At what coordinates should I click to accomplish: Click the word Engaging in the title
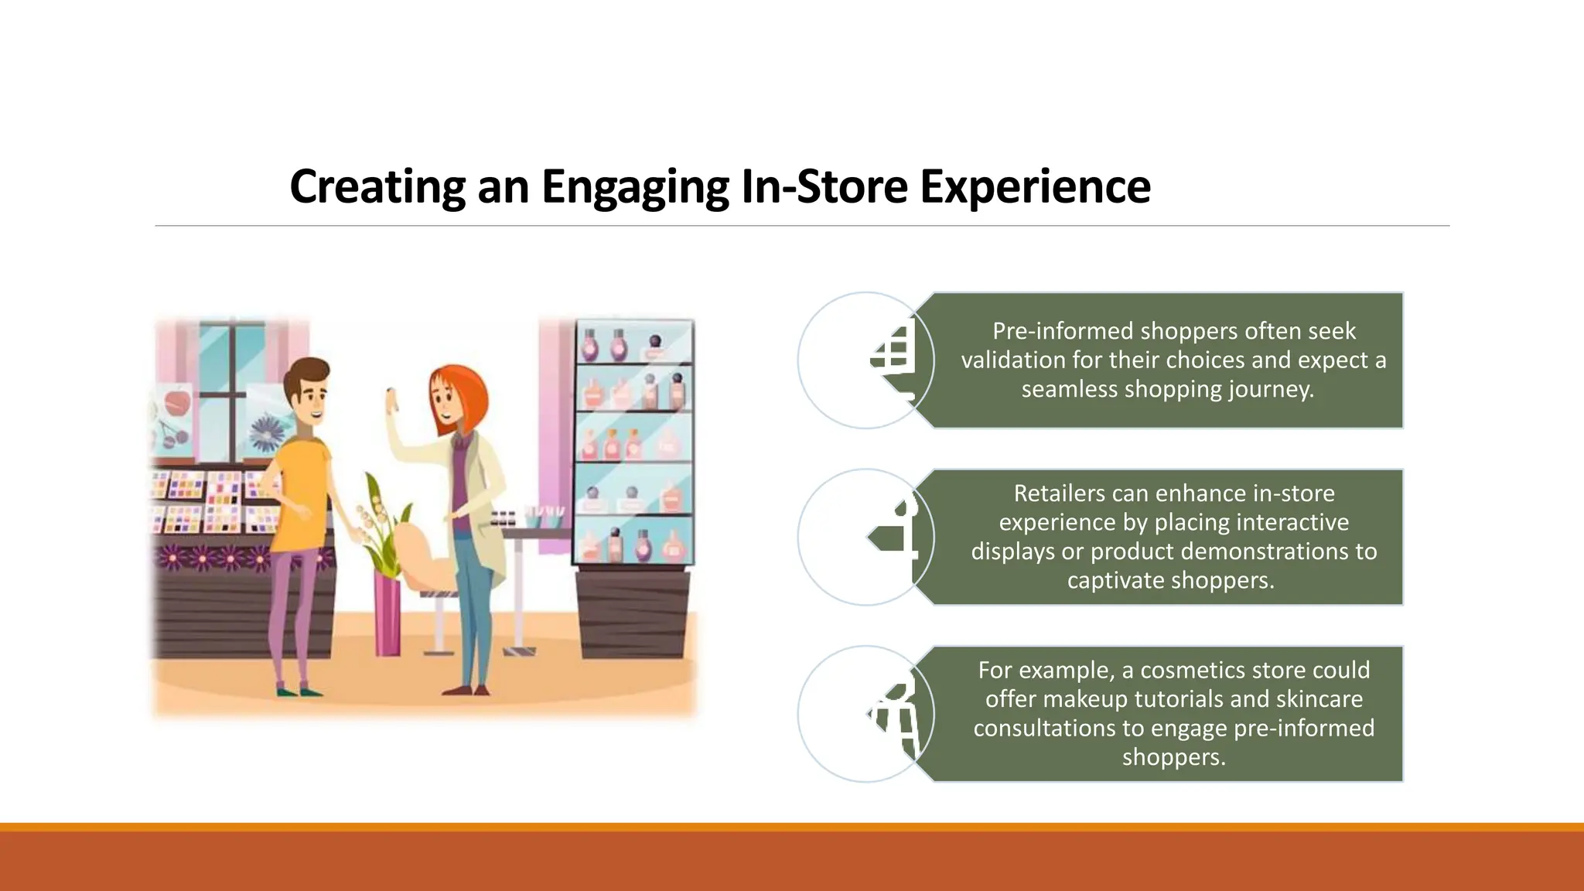pos(634,187)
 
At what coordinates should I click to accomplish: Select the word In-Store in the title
pos(824,187)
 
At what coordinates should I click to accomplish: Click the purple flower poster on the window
pos(268,433)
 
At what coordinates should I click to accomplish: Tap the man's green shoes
pos(299,690)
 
